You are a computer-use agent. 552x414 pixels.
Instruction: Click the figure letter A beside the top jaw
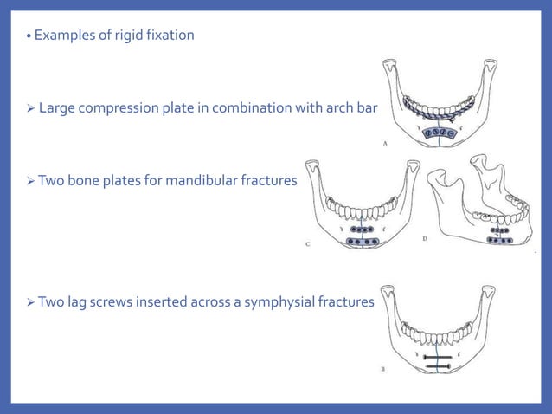coord(384,146)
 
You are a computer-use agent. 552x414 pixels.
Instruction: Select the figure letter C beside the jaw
coord(307,245)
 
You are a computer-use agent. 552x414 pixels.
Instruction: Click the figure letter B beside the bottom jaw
coord(383,368)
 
